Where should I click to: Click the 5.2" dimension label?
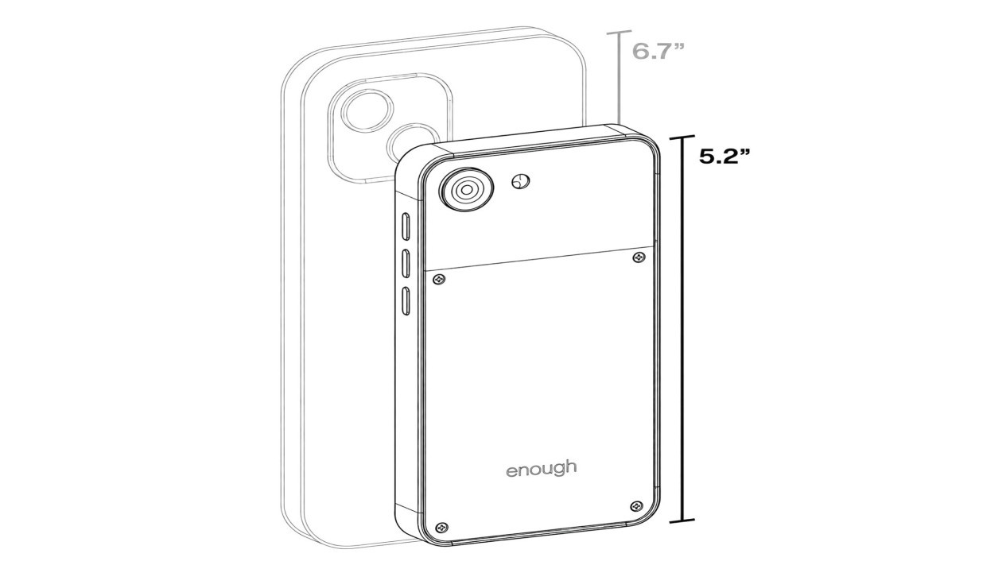tap(724, 157)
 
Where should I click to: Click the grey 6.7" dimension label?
tap(658, 52)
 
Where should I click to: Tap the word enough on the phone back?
tap(542, 470)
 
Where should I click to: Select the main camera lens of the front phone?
tap(466, 190)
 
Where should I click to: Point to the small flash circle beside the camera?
tap(521, 181)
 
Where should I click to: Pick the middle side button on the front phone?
tap(406, 263)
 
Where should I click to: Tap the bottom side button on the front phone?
tap(406, 300)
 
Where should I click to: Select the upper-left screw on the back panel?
tap(439, 280)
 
